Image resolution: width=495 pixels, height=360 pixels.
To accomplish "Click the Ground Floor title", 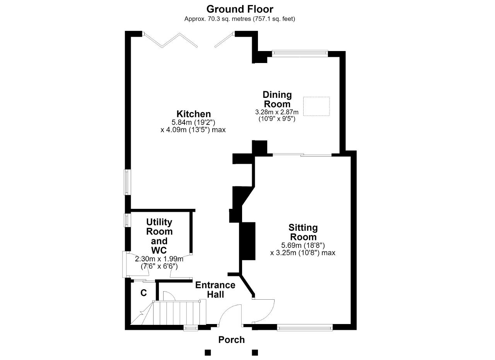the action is click(240, 9).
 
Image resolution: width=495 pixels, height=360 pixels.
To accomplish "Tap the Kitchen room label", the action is click(194, 114).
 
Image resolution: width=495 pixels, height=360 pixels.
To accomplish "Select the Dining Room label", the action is click(277, 99).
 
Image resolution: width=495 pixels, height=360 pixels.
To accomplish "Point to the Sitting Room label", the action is click(303, 232).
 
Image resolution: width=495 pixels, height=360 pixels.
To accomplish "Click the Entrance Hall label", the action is click(215, 290).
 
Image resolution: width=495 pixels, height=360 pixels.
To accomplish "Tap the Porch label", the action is click(231, 340).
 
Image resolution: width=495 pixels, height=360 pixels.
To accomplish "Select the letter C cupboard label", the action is click(143, 293).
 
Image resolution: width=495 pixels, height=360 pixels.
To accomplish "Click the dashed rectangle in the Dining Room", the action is click(316, 106).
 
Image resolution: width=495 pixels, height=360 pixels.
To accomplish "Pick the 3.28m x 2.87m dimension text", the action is click(277, 112).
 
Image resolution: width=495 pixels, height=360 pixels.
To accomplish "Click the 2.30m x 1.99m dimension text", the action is click(159, 259).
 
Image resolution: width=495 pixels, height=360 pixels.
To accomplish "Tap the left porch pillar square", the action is click(208, 353).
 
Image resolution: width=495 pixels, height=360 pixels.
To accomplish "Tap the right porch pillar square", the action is click(255, 353).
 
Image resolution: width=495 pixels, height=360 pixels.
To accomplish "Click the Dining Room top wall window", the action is click(300, 53).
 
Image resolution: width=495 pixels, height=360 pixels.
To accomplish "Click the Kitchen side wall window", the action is click(127, 182).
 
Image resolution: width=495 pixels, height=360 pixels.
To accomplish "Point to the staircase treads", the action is click(176, 313).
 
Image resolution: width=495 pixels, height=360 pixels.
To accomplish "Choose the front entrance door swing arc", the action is click(228, 312).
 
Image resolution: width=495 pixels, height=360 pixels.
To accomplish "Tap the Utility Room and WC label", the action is click(159, 236).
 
